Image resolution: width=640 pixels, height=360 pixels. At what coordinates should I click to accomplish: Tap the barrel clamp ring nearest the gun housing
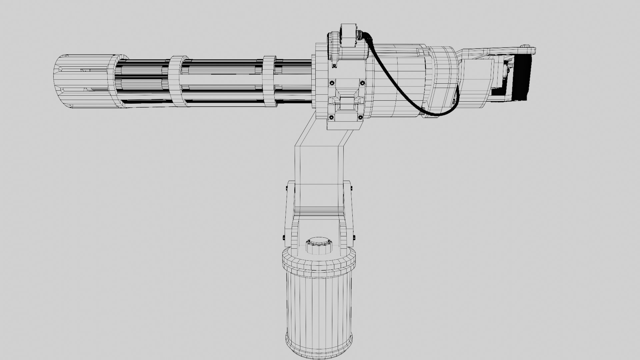(x=269, y=81)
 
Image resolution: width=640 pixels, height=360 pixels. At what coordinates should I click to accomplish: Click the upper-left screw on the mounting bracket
(x=332, y=83)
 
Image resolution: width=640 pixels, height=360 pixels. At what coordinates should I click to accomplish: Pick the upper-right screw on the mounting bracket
(x=362, y=83)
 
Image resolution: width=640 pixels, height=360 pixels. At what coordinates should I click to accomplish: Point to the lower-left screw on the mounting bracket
(x=331, y=117)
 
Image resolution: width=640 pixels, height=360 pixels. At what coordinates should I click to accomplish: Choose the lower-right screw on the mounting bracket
(x=360, y=117)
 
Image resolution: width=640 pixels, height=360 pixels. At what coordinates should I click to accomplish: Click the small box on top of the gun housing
(x=349, y=35)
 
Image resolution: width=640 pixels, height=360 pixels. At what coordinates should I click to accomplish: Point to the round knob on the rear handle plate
(x=526, y=46)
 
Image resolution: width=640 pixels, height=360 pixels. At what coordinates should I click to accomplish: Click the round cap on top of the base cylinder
(x=319, y=245)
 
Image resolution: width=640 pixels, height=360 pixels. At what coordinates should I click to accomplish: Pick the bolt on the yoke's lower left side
(x=283, y=238)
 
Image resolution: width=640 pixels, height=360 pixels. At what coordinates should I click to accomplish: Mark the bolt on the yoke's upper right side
(x=351, y=189)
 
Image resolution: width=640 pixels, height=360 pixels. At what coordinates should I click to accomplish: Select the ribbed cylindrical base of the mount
(x=318, y=303)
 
